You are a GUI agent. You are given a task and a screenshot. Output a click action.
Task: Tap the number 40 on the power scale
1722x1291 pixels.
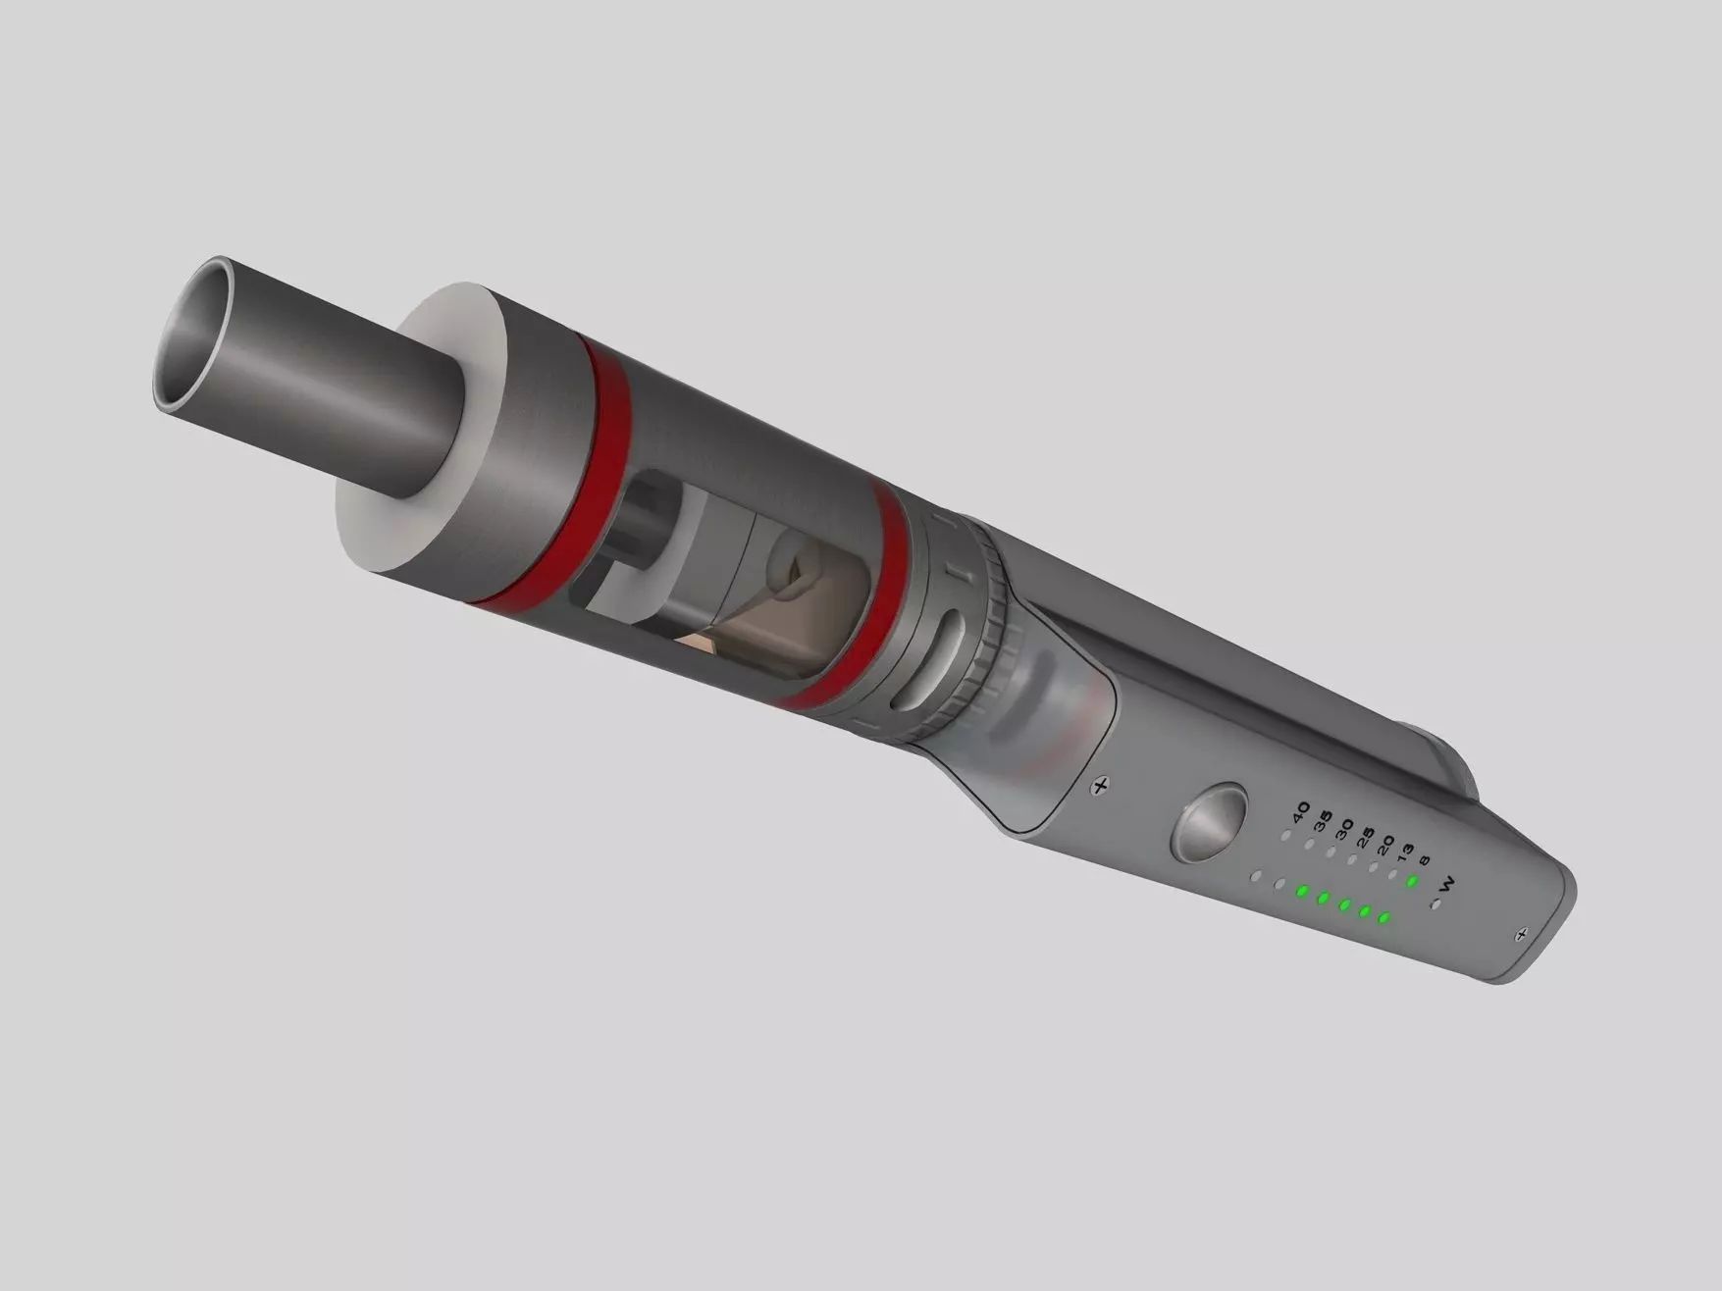(x=1301, y=813)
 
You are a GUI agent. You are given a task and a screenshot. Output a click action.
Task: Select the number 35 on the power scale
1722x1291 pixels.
(x=1324, y=822)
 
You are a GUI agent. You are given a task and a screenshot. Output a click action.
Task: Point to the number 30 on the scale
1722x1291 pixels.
(x=1344, y=830)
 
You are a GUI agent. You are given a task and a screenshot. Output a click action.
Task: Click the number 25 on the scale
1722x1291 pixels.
(x=1365, y=840)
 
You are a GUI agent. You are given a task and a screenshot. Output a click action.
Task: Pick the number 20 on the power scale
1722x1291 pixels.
(x=1385, y=846)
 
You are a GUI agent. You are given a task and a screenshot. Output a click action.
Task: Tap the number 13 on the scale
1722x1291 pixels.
(x=1406, y=853)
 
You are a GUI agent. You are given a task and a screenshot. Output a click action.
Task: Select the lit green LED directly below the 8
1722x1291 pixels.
(x=1412, y=882)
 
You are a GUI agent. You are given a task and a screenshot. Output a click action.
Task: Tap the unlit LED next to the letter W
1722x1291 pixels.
(x=1436, y=904)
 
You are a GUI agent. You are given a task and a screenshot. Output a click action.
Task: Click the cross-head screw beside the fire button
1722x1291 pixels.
(x=1101, y=785)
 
